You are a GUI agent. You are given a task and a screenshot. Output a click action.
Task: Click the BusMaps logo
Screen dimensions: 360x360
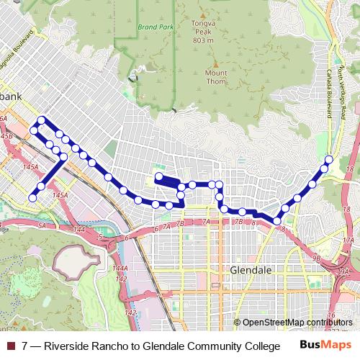(324, 345)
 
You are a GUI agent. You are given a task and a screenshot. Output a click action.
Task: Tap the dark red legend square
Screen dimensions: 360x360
(10, 346)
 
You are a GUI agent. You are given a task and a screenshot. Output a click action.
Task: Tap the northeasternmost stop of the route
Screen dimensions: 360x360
(329, 159)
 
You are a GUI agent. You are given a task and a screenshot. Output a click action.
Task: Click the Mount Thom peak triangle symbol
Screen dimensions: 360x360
(216, 63)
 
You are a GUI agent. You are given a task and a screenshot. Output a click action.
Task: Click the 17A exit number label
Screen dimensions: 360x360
(348, 240)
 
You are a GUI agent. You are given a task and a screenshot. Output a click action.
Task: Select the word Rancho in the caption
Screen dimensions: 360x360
(114, 346)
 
